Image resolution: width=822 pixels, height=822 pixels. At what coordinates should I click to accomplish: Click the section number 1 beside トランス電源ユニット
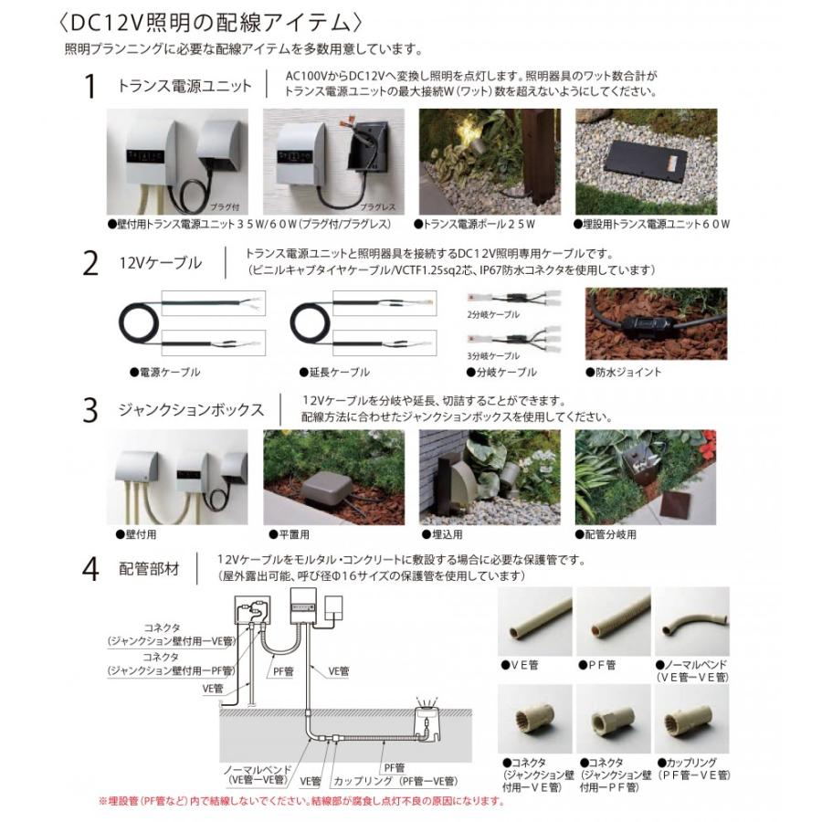(x=90, y=88)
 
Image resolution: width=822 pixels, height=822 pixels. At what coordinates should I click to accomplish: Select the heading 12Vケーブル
(x=161, y=263)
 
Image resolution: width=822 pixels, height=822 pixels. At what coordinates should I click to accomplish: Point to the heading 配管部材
(x=149, y=568)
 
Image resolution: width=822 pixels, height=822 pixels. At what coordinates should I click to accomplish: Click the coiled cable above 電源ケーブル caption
(x=141, y=327)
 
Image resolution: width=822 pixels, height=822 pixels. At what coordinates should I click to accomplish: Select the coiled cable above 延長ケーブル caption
(x=314, y=327)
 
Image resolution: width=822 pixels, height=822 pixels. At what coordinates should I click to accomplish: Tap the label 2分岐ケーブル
(x=493, y=314)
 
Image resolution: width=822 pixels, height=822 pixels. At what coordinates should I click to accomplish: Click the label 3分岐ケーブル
(x=493, y=355)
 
